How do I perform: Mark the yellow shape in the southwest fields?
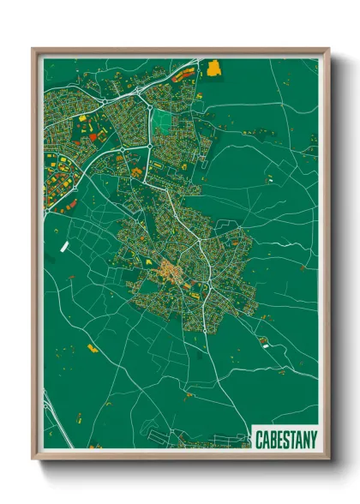point(93,348)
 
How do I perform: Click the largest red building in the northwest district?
point(93,135)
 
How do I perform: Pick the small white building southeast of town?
point(266,345)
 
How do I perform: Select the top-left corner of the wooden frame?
point(33,49)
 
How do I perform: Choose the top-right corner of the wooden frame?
point(329,49)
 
